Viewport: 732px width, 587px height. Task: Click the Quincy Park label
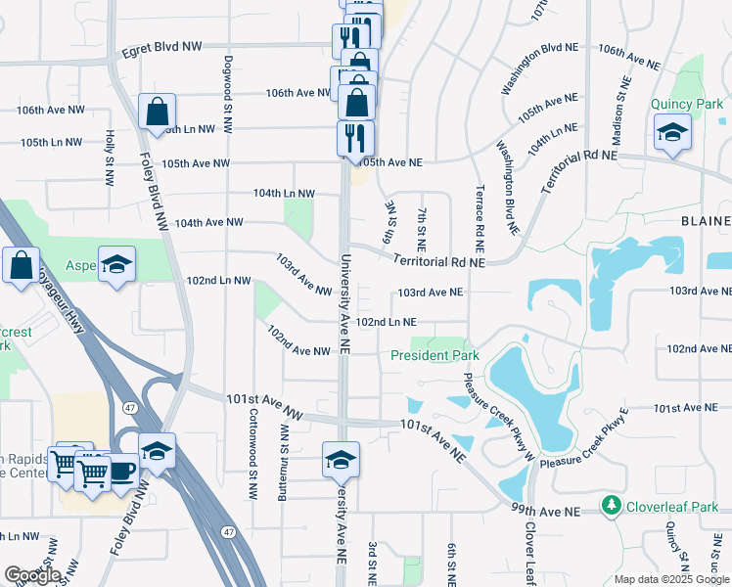(x=687, y=105)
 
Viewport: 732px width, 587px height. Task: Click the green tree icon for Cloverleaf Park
(x=614, y=506)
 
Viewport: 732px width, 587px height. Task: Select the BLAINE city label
(x=706, y=221)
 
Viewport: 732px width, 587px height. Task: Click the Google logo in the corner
(x=32, y=574)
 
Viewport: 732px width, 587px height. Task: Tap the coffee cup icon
(x=121, y=470)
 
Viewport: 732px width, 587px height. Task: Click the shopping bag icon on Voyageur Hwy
(x=21, y=265)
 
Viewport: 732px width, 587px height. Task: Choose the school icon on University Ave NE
(x=341, y=459)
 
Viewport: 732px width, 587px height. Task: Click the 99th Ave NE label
(x=546, y=511)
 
